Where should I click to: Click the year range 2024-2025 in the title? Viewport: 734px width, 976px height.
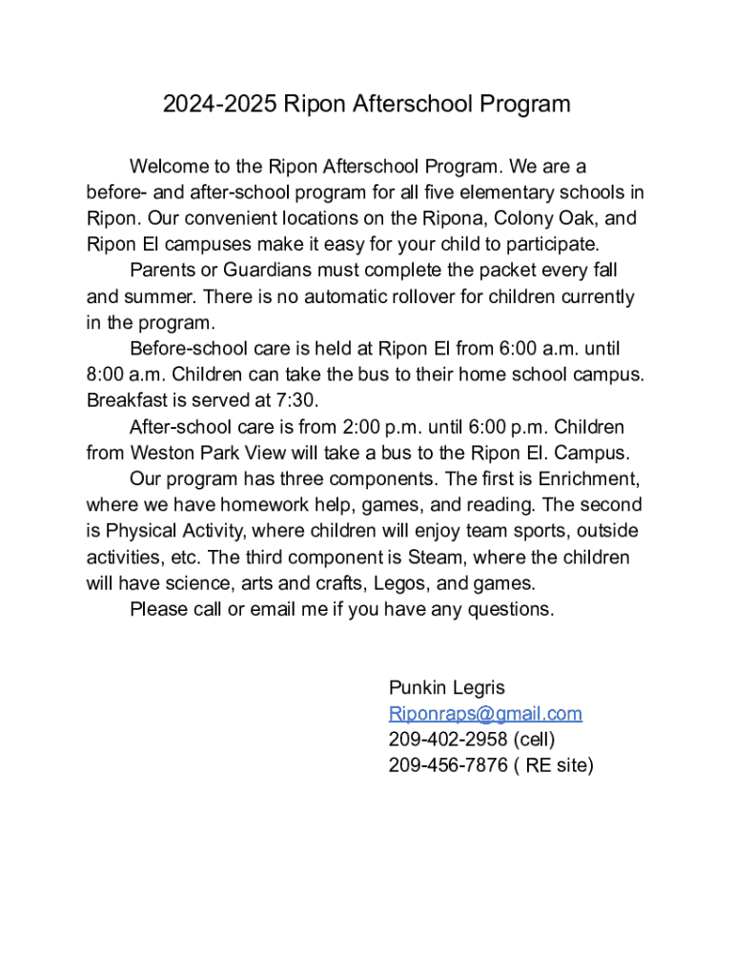218,104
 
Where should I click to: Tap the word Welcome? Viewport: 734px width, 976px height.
169,168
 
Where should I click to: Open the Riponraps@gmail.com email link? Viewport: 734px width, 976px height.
485,714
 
